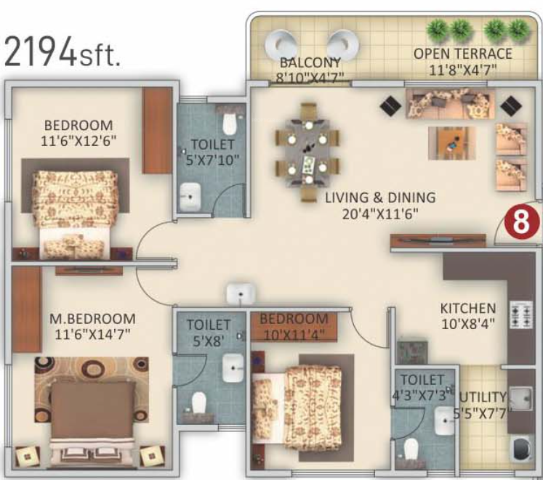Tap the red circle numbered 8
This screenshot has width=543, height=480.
(x=521, y=223)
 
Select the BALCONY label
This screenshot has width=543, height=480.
(x=310, y=62)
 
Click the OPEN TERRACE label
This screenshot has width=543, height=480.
(x=462, y=54)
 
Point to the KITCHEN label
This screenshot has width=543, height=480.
(x=468, y=309)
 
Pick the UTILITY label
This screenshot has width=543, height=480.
(x=483, y=396)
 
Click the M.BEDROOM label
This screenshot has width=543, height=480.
(x=92, y=318)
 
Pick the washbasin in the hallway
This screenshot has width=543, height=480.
(x=240, y=294)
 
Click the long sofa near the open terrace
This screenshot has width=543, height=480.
(x=450, y=102)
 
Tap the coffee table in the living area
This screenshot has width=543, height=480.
(x=451, y=141)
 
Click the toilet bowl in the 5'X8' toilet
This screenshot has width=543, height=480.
(x=198, y=402)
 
